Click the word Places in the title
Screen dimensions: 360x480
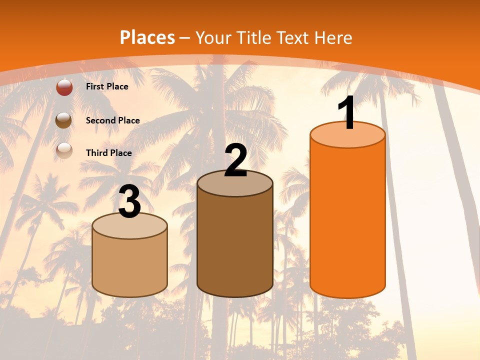pos(147,37)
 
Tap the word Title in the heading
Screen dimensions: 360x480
pos(253,37)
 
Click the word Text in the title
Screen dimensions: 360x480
pos(293,37)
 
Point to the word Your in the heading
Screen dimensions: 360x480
pos(213,37)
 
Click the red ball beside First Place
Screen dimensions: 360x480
pos(64,87)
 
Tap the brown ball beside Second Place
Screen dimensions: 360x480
pos(64,120)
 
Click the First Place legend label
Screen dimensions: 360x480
pos(107,86)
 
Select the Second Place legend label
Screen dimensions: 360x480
pos(112,120)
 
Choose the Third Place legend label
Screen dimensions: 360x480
pos(108,153)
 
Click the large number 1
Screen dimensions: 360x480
pos(347,113)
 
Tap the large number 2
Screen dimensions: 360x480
pos(235,160)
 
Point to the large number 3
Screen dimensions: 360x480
pos(129,202)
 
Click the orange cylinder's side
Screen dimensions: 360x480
pos(347,220)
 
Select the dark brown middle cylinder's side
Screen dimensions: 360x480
pos(235,245)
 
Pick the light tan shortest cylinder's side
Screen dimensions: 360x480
pos(129,265)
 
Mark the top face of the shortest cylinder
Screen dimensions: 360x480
pos(129,227)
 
